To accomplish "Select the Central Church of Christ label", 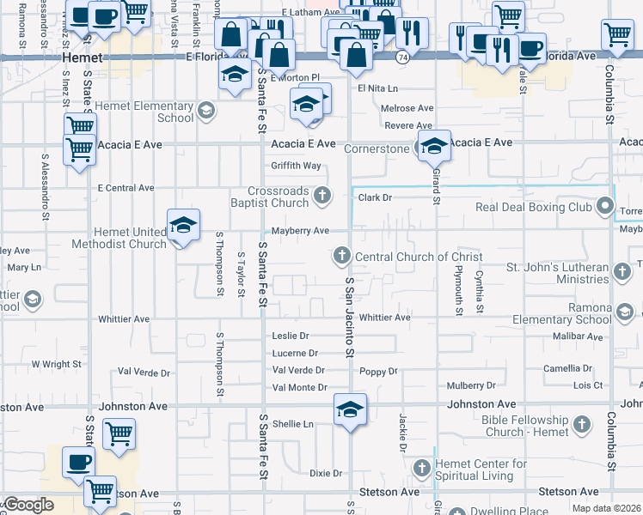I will point(419,256).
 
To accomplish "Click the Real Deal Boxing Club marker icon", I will point(606,207).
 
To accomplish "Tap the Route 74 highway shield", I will point(402,57).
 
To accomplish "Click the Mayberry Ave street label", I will point(301,231).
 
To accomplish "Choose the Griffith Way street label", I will point(296,166).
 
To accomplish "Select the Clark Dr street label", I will point(375,197).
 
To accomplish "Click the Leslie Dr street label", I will point(291,336).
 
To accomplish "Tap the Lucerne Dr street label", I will point(295,353).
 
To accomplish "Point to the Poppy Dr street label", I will point(379,372).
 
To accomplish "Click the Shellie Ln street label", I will point(292,423).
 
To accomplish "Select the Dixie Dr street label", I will point(326,473).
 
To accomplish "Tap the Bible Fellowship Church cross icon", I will point(582,424).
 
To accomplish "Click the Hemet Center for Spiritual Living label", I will point(482,470).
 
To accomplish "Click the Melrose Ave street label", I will point(408,108).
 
